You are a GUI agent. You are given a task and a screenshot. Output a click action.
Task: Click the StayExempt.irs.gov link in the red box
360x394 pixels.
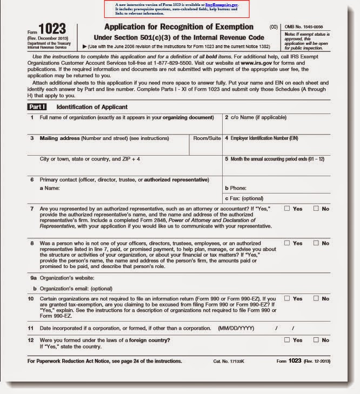[x=222, y=4]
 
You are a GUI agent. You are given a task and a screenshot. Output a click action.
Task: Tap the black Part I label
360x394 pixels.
[x=38, y=107]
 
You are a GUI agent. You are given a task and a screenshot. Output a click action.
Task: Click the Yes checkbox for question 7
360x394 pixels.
[x=287, y=209]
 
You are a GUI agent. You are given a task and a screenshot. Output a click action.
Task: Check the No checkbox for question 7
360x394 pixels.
[x=316, y=209]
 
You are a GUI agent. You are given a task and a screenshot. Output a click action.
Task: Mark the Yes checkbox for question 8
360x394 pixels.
[x=287, y=243]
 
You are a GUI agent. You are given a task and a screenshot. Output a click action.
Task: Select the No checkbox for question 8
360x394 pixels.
[x=316, y=243]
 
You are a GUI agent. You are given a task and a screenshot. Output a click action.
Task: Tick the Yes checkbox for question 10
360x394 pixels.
[x=287, y=298]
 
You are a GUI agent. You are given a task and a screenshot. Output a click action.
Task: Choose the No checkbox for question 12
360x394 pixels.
[x=316, y=340]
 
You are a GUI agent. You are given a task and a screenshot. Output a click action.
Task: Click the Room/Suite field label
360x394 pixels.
[x=207, y=138]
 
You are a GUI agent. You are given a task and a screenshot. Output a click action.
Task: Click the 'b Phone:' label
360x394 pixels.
[x=236, y=188]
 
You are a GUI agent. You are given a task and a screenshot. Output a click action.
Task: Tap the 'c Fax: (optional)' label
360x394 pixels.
[x=244, y=198]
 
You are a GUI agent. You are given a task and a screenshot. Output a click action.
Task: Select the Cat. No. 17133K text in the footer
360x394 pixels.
[x=230, y=361]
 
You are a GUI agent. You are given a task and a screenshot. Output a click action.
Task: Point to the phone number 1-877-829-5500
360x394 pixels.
[x=181, y=63]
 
